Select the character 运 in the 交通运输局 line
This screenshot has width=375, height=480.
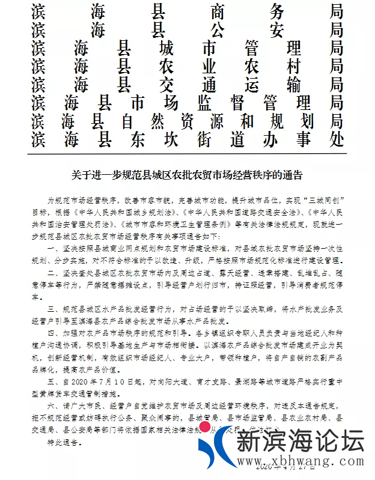(250, 84)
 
